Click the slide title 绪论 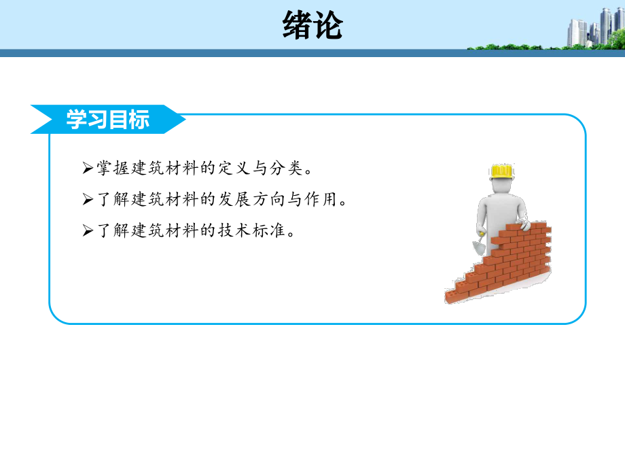click(x=312, y=27)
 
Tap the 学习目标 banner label click(x=107, y=120)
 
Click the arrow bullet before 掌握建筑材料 click(x=86, y=167)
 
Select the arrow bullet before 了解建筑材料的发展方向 click(x=86, y=199)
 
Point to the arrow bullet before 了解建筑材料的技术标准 click(x=86, y=231)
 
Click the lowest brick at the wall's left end click(x=451, y=296)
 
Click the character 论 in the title click(x=328, y=27)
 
